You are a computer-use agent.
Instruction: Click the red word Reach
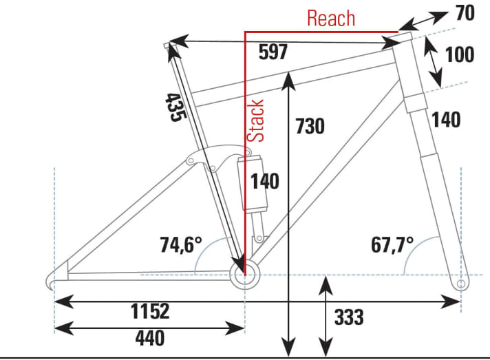point(331,19)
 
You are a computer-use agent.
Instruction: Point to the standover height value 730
point(310,127)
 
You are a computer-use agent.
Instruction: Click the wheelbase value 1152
point(150,312)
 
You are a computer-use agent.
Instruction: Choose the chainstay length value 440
point(150,338)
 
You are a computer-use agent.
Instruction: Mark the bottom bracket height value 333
point(349,317)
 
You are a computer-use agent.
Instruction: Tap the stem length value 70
point(465,13)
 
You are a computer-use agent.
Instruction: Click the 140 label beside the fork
point(446,120)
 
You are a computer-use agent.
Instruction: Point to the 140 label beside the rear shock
point(264,182)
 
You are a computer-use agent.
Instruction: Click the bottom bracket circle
point(244,275)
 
